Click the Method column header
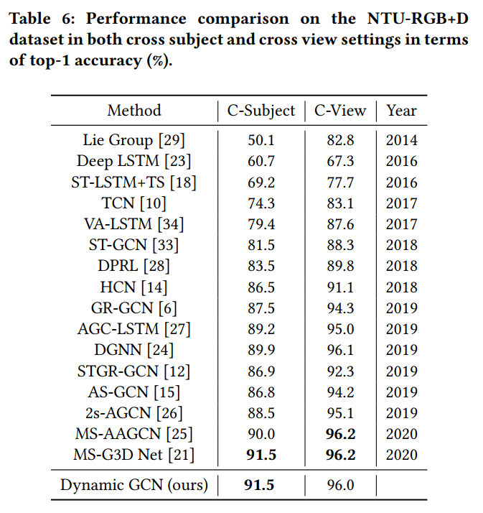click(134, 111)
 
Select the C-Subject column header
click(261, 111)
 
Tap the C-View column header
click(340, 111)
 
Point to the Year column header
click(401, 111)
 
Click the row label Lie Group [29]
click(134, 141)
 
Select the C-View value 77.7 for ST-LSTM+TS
click(340, 182)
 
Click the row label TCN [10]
click(134, 203)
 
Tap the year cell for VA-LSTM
click(401, 224)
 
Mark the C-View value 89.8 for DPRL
click(340, 267)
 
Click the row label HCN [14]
click(134, 287)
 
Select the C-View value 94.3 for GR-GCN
click(340, 308)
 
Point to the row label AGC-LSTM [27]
click(134, 329)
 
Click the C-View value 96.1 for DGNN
click(340, 350)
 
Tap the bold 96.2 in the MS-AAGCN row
click(340, 434)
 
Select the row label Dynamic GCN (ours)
click(134, 486)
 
